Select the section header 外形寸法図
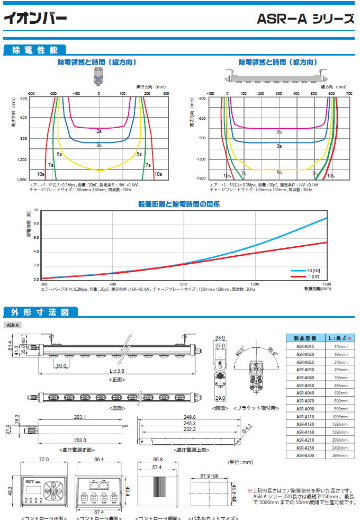click(x=38, y=311)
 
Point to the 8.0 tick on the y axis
click(x=36, y=224)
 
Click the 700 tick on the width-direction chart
click(x=349, y=93)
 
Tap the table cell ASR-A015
click(x=305, y=346)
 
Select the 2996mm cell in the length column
click(x=339, y=455)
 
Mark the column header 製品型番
click(x=305, y=337)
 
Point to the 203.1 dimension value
click(x=80, y=417)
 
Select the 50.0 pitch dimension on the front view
click(x=61, y=365)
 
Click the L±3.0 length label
click(x=116, y=371)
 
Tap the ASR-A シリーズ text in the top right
click(x=305, y=20)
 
